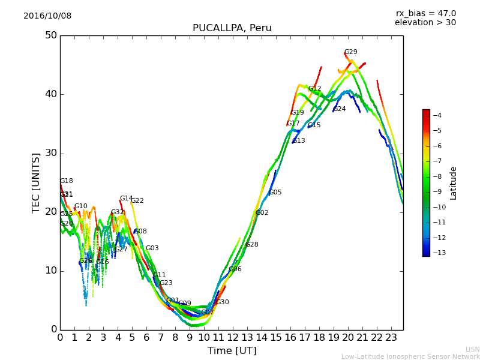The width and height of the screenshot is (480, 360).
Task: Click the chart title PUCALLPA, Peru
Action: coord(232,28)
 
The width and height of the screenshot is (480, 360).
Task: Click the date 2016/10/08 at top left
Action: coord(47,16)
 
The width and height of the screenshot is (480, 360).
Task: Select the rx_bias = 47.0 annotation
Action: coord(425,14)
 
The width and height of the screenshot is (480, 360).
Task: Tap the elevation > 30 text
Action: coord(425,23)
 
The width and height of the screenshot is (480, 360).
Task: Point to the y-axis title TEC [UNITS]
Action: coord(36,182)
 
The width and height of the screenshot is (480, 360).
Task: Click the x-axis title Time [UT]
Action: coord(232,351)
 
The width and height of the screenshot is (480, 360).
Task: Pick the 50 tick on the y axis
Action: coord(50,35)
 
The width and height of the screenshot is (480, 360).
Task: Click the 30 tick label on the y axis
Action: coord(50,153)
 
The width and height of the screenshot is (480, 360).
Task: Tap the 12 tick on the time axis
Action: coord(233,337)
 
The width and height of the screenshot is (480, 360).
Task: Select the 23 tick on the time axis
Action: coord(391,337)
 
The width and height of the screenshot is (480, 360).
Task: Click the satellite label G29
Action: coord(350,52)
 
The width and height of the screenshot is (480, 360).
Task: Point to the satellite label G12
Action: coord(314,89)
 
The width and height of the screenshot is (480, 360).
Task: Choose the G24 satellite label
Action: coord(339,109)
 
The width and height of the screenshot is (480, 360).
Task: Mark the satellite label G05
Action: coord(275,193)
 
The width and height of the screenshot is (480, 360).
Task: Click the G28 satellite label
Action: coord(252,245)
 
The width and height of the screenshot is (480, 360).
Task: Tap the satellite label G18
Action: coord(66,181)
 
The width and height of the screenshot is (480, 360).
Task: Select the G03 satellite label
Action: coord(152,248)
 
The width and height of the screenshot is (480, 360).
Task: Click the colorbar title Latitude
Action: coord(454,183)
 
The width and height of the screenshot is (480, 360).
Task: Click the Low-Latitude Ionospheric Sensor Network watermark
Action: coord(410,356)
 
